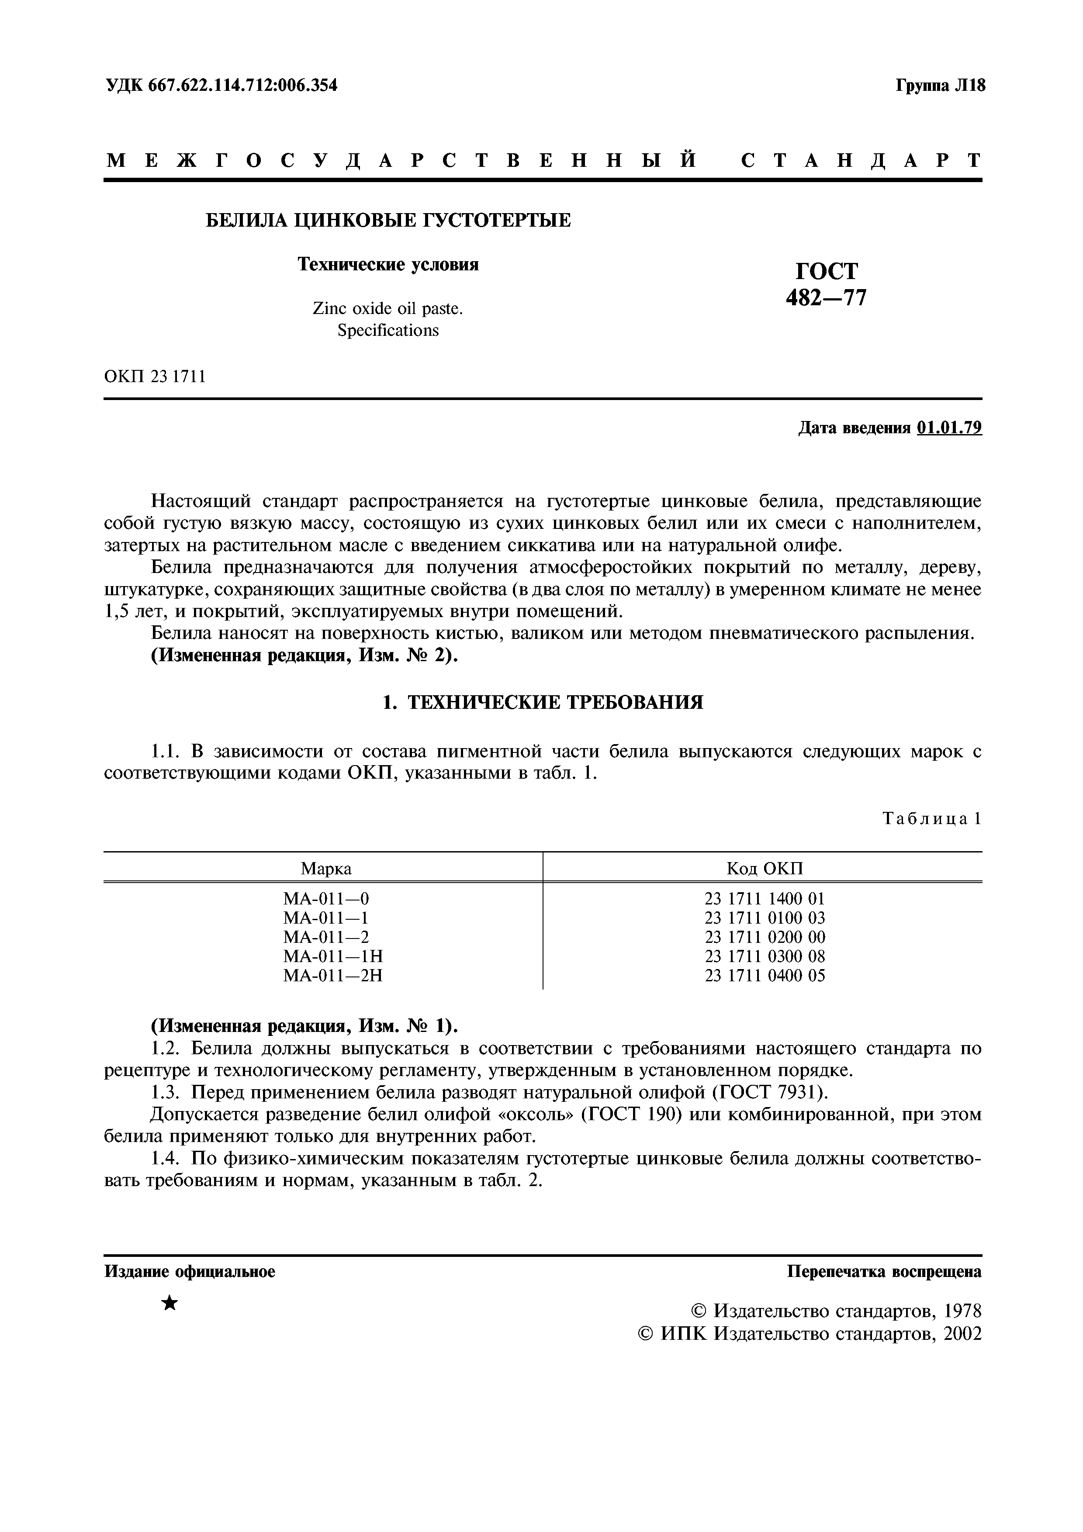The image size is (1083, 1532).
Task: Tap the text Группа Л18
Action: (x=940, y=86)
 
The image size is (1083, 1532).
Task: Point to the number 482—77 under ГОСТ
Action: (x=826, y=297)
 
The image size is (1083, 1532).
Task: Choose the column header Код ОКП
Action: (x=765, y=868)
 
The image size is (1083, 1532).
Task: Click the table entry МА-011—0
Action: (x=325, y=898)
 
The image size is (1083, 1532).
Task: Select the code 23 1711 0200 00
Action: (x=765, y=937)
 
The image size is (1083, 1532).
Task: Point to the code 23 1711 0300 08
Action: (x=765, y=956)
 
